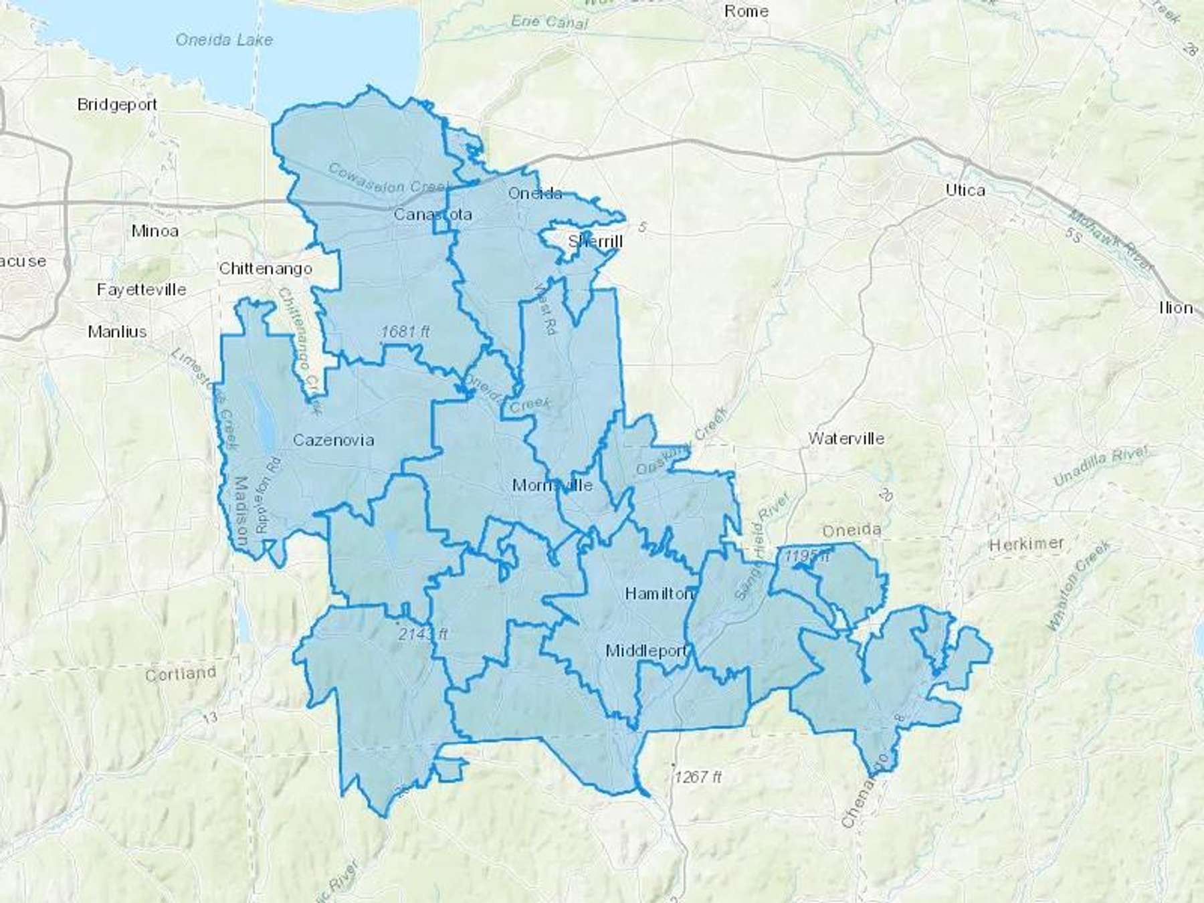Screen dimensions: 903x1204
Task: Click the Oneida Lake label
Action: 224,40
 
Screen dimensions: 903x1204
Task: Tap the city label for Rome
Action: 746,11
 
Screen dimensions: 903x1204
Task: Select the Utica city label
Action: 965,191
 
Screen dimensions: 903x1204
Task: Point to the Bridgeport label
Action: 117,104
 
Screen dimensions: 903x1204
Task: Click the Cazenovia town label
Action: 333,440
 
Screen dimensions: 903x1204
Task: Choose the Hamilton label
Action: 659,593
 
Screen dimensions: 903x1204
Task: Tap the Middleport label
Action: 646,650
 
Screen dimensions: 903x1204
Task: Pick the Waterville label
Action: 846,439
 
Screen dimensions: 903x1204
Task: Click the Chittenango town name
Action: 266,269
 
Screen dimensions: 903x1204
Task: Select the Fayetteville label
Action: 141,290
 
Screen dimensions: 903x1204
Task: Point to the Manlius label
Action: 117,332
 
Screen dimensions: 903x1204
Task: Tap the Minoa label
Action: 155,231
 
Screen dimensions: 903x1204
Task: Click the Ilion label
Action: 1176,308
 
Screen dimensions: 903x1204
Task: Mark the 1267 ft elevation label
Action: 698,777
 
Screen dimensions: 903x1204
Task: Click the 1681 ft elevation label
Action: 405,331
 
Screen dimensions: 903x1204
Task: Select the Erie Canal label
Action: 549,22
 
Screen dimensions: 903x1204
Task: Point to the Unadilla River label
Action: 1100,466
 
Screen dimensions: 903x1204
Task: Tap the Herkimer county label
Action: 1026,544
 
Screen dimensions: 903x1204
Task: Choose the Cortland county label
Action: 181,674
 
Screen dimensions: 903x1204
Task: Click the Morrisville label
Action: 552,485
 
